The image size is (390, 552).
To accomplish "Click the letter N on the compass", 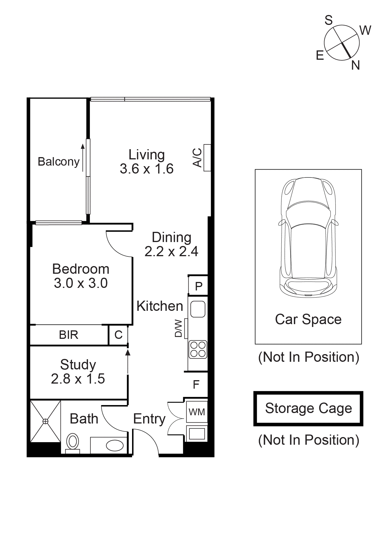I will coord(355,65).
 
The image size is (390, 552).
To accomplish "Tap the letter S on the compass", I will coord(328,20).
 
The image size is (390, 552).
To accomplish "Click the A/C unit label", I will coord(197,158).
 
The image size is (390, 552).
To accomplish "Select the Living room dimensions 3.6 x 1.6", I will coord(146,169).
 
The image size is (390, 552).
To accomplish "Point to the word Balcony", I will coord(59,162).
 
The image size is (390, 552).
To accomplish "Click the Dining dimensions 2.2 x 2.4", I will coord(171,251).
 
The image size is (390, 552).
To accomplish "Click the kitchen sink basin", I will coord(198,309).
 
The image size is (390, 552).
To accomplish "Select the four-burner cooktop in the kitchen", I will coord(198,350).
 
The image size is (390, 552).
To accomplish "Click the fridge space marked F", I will coord(196,384).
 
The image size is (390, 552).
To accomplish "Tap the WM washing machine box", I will coord(197,412).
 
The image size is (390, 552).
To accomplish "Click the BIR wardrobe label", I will coord(68,335).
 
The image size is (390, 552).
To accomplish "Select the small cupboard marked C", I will coord(118,335).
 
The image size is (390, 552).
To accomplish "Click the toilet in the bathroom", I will coord(73,442).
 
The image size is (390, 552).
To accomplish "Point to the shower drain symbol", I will coord(45,422).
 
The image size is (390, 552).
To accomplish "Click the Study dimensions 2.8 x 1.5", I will coord(78,379).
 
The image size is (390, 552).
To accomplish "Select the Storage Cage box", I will coord(308,408).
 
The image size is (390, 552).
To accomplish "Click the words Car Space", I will coord(308,319).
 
